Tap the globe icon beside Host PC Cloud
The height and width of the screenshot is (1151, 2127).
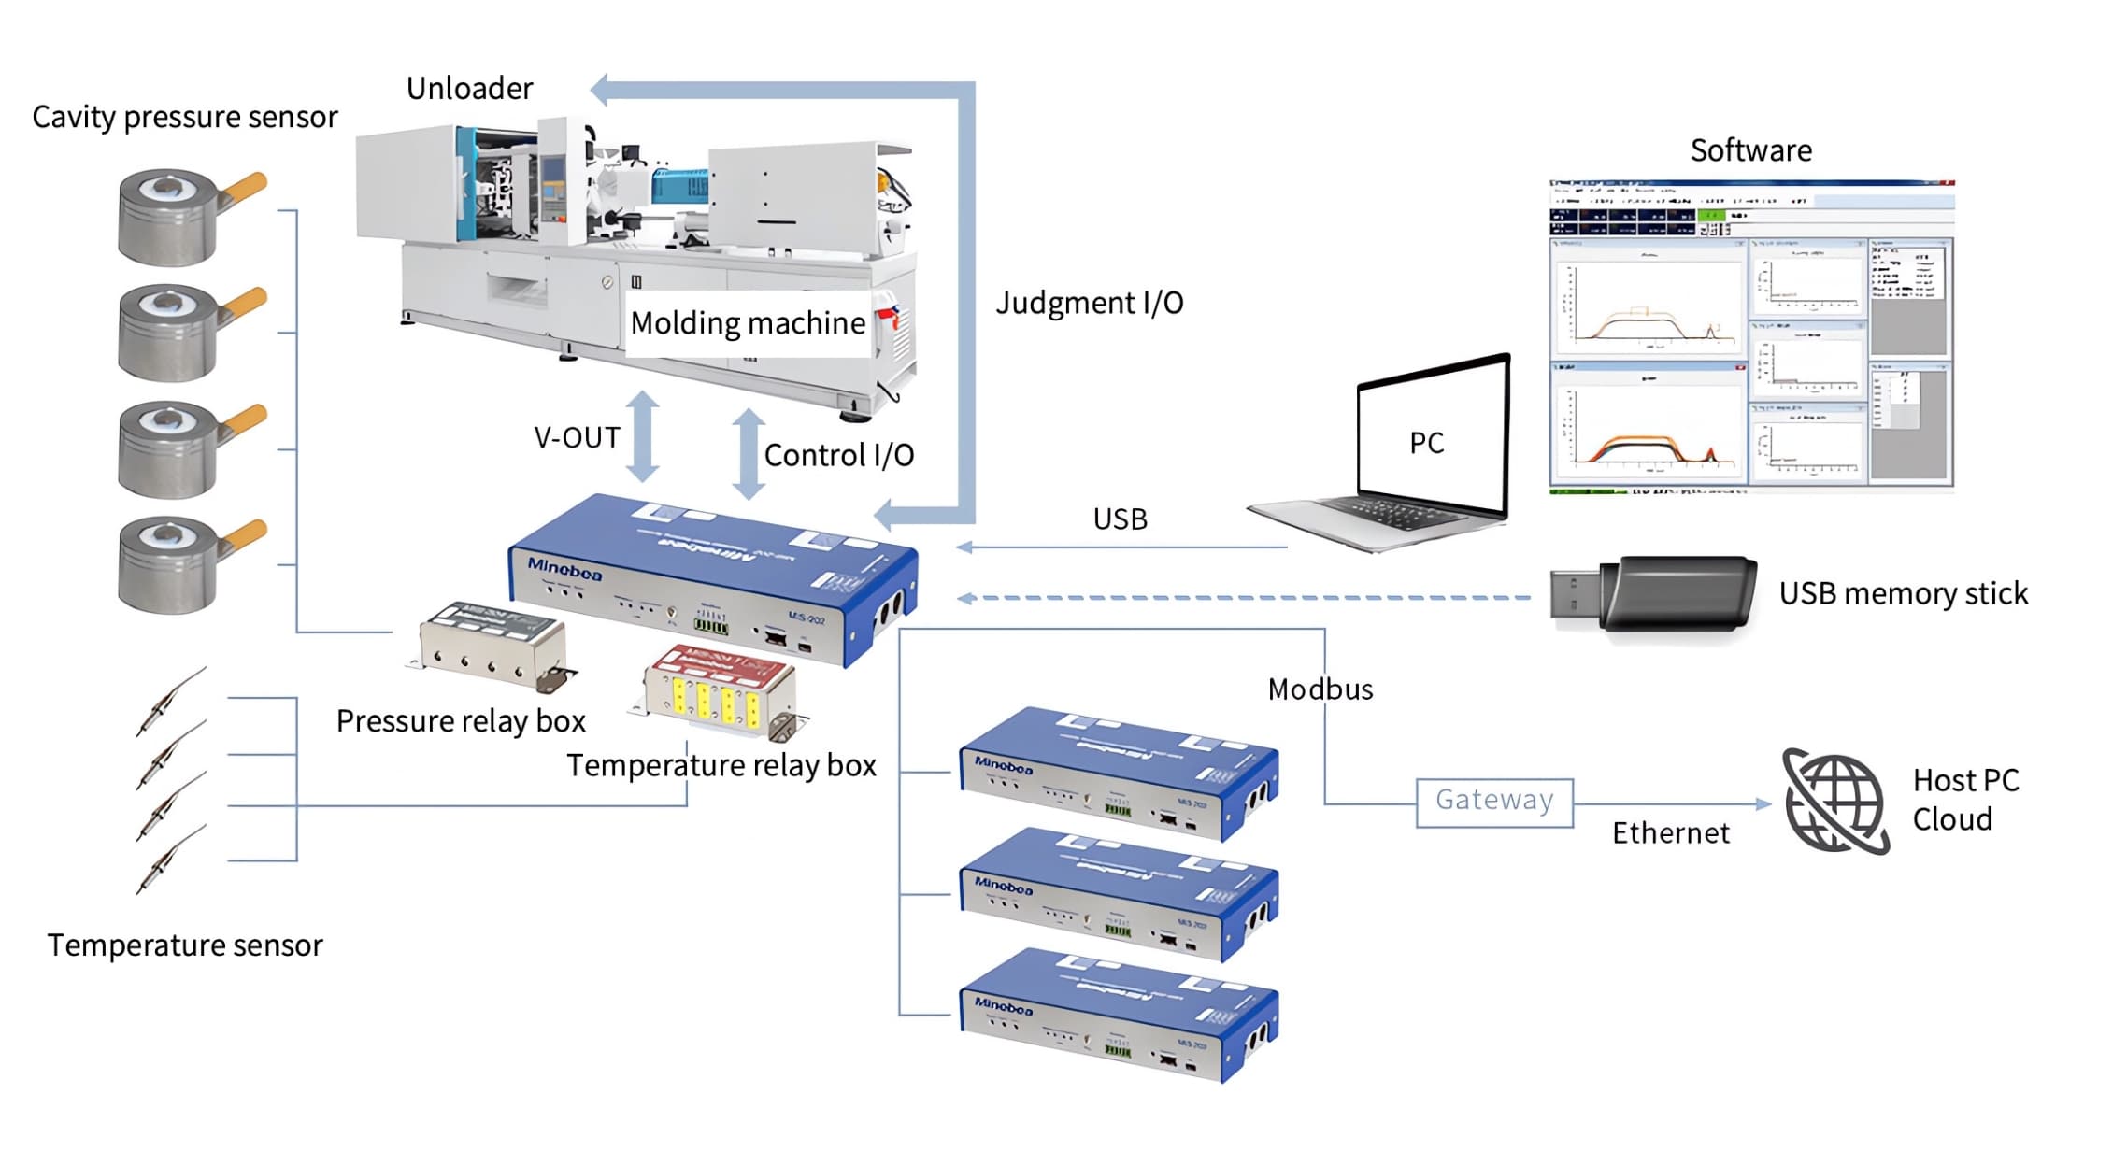pyautogui.click(x=1834, y=803)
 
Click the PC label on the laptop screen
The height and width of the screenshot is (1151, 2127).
pyautogui.click(x=1426, y=443)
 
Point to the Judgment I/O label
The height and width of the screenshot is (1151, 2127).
pyautogui.click(x=1089, y=303)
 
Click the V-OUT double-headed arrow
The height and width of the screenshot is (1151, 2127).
pyautogui.click(x=643, y=436)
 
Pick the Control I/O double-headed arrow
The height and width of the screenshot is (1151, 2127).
pyautogui.click(x=749, y=454)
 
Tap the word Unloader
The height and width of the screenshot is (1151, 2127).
pyautogui.click(x=469, y=89)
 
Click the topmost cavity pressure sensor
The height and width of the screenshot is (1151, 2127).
pyautogui.click(x=178, y=217)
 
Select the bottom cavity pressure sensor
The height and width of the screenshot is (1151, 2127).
pyautogui.click(x=178, y=564)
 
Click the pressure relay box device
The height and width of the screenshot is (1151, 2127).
pyautogui.click(x=492, y=645)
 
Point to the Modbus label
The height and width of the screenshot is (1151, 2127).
pyautogui.click(x=1320, y=689)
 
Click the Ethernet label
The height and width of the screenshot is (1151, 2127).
pyautogui.click(x=1670, y=833)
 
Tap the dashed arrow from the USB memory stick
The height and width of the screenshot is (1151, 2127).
pyautogui.click(x=1243, y=598)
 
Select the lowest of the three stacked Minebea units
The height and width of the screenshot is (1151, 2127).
pyautogui.click(x=1118, y=1016)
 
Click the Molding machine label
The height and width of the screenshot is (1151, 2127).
pyautogui.click(x=748, y=323)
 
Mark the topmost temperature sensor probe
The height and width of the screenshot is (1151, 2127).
pyautogui.click(x=171, y=701)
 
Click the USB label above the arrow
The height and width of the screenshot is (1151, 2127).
pyautogui.click(x=1120, y=519)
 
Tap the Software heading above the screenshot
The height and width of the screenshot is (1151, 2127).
pyautogui.click(x=1750, y=150)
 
